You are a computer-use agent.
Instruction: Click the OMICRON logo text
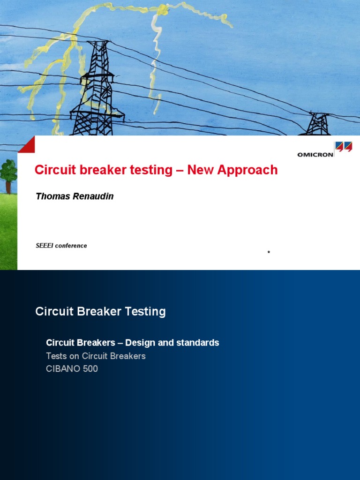[315, 154]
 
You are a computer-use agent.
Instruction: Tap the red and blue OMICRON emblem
[344, 148]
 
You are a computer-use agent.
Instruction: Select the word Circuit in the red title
[51, 170]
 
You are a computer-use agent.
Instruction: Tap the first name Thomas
[52, 196]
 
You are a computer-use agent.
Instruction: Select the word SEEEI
[45, 246]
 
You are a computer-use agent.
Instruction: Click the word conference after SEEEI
[71, 246]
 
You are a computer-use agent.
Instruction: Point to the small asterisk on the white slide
[269, 253]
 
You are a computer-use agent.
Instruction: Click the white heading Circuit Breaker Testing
[100, 311]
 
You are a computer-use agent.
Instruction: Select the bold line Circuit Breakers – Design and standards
[132, 343]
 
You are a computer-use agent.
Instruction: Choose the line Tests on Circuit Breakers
[96, 356]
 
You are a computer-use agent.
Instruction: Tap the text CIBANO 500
[72, 368]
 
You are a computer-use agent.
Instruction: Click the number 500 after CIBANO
[90, 368]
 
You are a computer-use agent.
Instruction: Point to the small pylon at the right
[319, 124]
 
